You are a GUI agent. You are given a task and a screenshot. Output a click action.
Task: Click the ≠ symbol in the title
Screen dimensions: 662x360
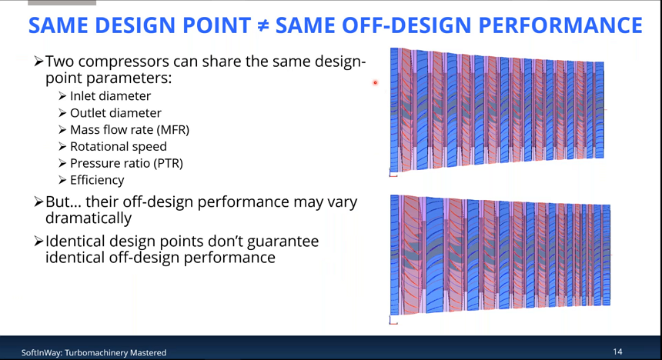tap(263, 25)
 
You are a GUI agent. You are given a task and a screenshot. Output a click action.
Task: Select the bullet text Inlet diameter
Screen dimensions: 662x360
tap(110, 96)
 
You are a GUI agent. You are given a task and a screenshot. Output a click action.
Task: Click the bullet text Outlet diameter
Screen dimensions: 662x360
tap(115, 112)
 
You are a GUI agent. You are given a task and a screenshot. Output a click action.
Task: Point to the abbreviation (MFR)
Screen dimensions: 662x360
tap(172, 129)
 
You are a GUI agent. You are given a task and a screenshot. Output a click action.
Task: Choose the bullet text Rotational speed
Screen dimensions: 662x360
tap(119, 146)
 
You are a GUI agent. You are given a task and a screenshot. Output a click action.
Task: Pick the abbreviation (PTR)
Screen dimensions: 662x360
tap(168, 163)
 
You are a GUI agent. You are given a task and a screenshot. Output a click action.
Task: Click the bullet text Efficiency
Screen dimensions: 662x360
tap(97, 180)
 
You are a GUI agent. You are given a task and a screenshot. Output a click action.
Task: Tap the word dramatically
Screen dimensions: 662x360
tap(89, 218)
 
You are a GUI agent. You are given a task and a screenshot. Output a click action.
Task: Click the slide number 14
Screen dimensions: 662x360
tap(617, 352)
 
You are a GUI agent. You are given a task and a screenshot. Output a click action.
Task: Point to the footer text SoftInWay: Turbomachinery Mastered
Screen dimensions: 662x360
tap(94, 352)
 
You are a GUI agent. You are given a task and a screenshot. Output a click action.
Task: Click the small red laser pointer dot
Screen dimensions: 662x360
tap(375, 83)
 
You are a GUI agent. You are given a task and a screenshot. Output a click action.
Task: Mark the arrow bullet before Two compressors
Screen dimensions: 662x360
tap(38, 62)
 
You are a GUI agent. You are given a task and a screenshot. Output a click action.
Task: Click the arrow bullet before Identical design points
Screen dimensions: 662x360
tap(38, 242)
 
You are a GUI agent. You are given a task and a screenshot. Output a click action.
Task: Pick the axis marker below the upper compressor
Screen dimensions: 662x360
tap(393, 172)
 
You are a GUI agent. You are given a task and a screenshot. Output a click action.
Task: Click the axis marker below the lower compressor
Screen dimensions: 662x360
tap(393, 321)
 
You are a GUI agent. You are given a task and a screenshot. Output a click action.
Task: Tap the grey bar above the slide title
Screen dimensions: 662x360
tap(62, 2)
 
